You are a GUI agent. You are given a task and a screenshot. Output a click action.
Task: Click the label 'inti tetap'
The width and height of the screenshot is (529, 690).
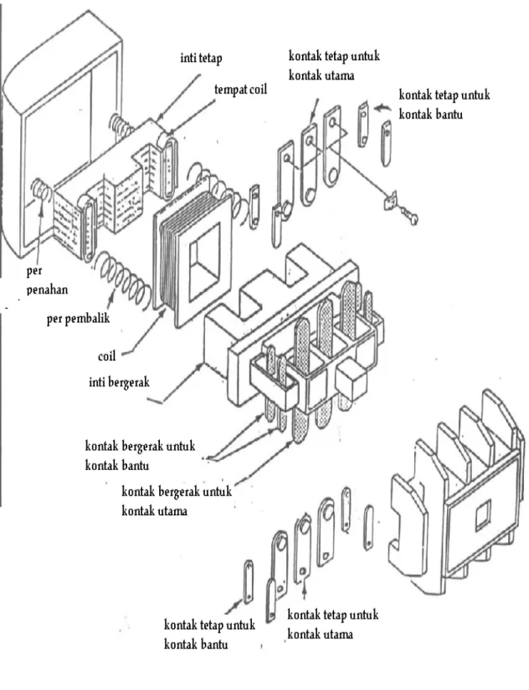tap(201, 58)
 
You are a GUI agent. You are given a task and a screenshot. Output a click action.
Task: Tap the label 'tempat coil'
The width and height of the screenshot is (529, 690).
tap(240, 89)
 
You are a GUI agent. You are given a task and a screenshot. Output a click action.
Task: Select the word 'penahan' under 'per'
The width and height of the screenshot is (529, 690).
tap(47, 289)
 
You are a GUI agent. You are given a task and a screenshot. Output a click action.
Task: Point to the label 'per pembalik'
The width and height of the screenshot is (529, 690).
tap(78, 318)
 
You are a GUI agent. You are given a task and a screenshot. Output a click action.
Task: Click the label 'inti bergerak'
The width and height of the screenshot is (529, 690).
tap(119, 381)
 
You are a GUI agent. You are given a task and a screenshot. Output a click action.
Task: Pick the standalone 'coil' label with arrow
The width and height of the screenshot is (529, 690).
tap(106, 355)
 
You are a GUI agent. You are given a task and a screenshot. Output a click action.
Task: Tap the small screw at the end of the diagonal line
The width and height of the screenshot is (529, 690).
tap(408, 216)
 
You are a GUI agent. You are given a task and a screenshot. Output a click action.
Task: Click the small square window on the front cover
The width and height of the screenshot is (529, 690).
tap(482, 514)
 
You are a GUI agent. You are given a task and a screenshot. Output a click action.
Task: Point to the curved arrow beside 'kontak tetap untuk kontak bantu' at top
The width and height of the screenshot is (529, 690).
tap(383, 107)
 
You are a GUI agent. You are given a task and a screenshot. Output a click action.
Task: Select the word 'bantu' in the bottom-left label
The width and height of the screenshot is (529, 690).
tap(213, 645)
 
